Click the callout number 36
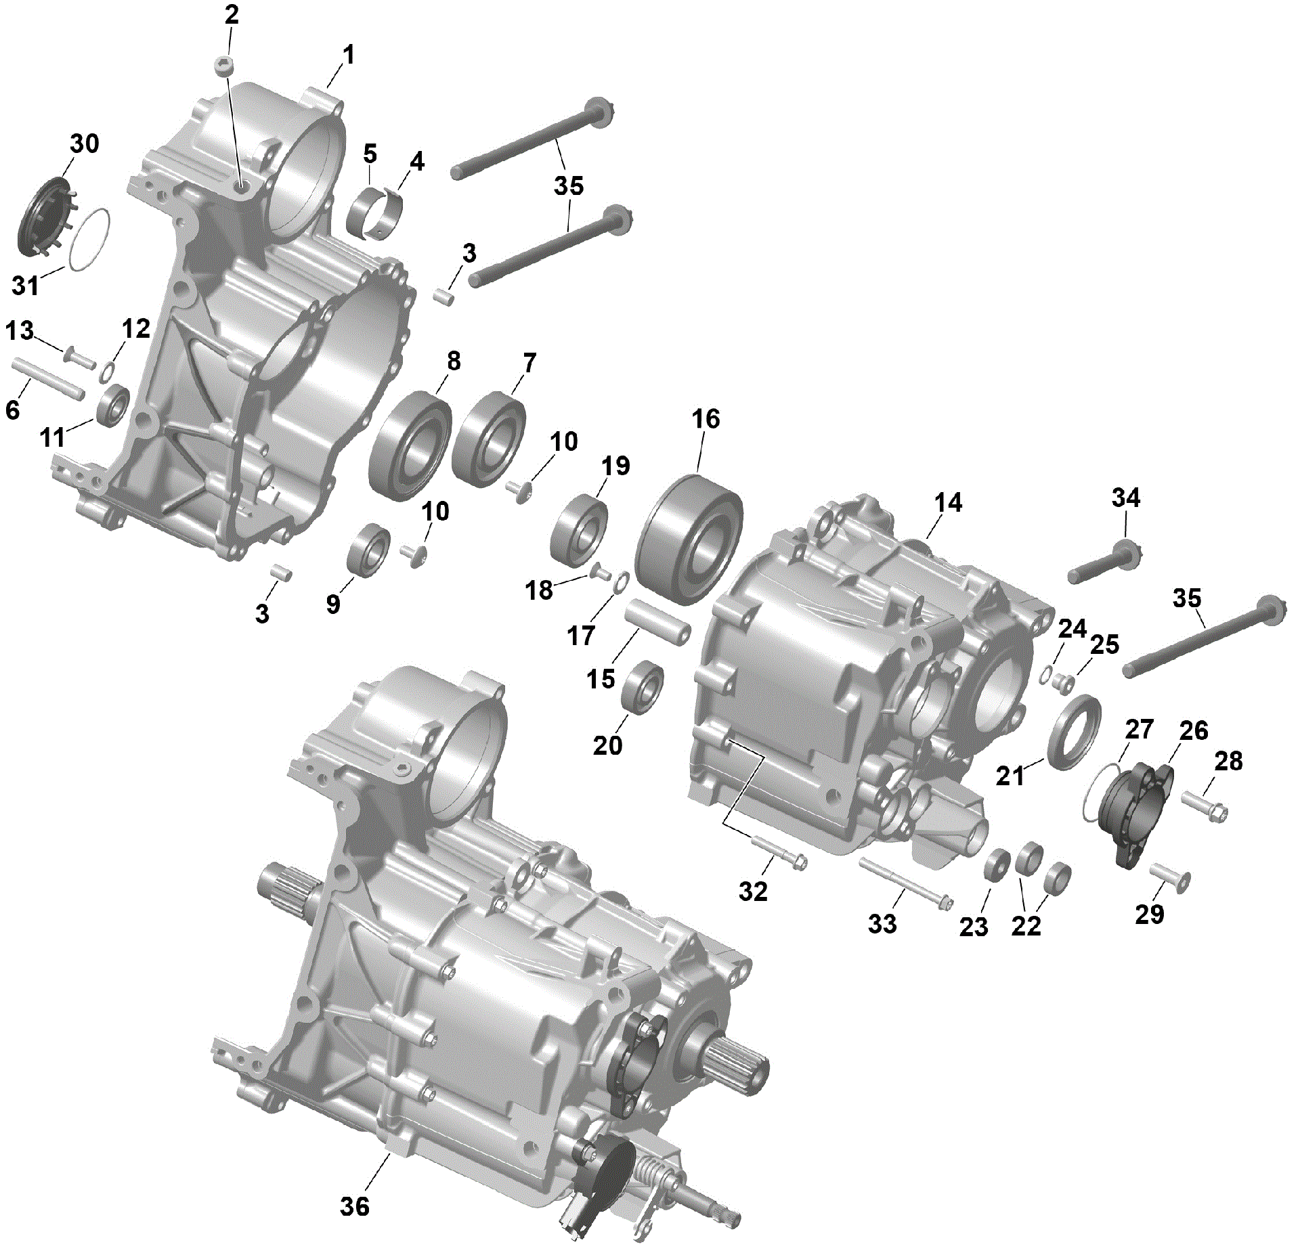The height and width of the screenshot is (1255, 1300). coord(354,1206)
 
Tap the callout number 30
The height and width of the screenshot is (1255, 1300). coord(85,144)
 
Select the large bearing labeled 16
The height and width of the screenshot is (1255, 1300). coord(689,540)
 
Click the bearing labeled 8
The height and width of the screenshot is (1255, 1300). coord(410,446)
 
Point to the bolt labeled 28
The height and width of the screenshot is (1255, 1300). coord(1205,805)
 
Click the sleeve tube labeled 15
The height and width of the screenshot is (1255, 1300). coord(657,621)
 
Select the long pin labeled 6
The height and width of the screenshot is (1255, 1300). coord(47,379)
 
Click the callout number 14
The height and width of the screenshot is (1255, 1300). coord(947,503)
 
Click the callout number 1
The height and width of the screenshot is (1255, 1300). coord(348,55)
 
